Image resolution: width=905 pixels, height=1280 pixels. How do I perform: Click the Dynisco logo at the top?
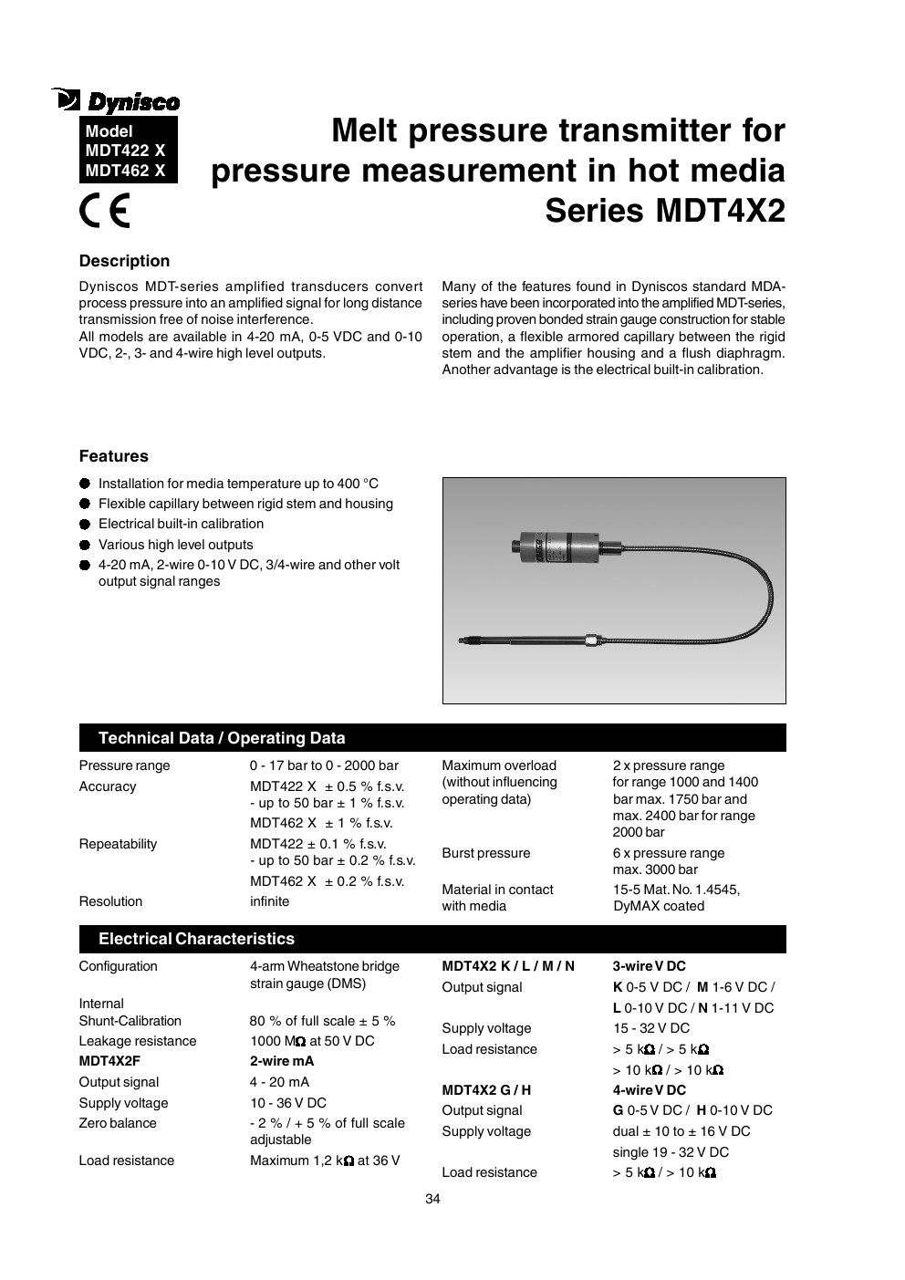(x=117, y=100)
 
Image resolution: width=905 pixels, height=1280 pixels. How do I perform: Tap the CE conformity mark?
(x=104, y=212)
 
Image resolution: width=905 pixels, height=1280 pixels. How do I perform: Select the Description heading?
(x=124, y=261)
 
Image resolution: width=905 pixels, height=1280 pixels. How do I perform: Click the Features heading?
(x=113, y=456)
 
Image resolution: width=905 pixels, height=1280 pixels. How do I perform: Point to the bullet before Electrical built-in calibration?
(x=85, y=525)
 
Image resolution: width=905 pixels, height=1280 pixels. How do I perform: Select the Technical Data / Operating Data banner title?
(x=222, y=738)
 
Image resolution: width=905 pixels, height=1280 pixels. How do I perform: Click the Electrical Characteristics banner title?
(x=196, y=939)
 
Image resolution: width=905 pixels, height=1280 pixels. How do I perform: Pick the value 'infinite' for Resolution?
(x=269, y=901)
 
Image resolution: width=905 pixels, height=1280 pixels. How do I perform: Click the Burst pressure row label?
(x=485, y=853)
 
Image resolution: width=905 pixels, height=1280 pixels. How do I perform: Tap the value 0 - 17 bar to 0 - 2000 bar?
(x=324, y=765)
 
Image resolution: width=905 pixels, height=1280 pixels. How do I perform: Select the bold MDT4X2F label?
(x=109, y=1061)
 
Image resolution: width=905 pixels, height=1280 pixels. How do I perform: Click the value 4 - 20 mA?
(x=279, y=1082)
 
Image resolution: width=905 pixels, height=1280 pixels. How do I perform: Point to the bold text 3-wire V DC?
(x=649, y=966)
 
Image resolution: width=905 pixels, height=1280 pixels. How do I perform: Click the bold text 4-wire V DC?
(x=649, y=1090)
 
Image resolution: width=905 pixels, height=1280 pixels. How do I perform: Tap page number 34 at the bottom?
(x=432, y=1199)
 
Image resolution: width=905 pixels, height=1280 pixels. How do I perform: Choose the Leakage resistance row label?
(x=137, y=1041)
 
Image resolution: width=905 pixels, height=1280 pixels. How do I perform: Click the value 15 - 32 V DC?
(x=650, y=1028)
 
